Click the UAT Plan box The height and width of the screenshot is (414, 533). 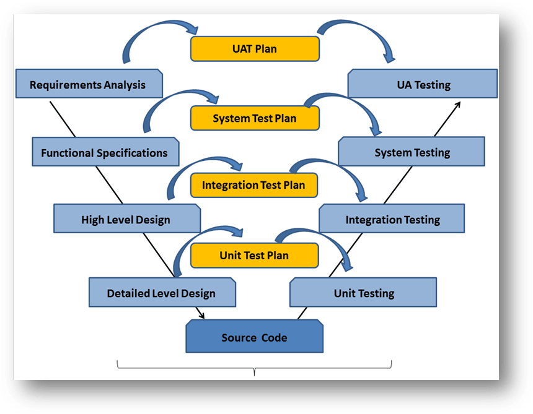pos(254,49)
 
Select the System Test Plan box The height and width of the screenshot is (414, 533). pos(254,118)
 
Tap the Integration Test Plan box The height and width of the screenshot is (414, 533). pos(254,185)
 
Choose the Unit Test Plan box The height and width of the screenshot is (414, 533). pos(254,255)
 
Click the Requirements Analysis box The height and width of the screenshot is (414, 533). pos(88,84)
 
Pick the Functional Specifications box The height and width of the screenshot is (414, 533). pos(105,152)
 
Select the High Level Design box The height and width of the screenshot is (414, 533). pos(126,219)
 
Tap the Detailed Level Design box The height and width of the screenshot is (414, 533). pos(162,292)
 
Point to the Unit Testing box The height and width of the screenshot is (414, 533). pos(363,292)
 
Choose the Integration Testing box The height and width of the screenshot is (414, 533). pos(392,219)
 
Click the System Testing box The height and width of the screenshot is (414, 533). pos(412,152)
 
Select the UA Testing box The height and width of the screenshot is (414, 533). pos(423,84)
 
